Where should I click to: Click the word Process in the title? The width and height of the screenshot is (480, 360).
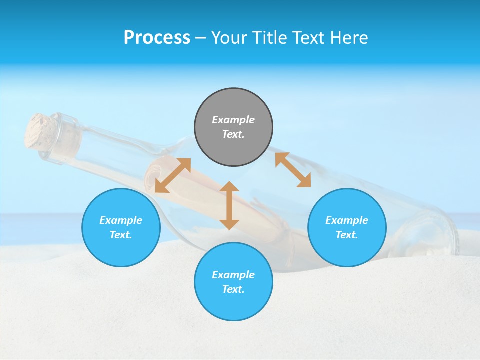point(157,37)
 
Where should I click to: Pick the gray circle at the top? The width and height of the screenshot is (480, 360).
point(233,127)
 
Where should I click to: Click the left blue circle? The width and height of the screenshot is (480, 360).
point(121,227)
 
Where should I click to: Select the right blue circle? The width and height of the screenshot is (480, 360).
point(347,227)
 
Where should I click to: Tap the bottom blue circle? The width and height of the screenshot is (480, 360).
point(233,282)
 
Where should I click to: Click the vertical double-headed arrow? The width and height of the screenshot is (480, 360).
point(229,205)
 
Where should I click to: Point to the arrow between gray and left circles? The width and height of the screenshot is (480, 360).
point(173,175)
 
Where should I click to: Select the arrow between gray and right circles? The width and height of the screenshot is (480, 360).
point(293,170)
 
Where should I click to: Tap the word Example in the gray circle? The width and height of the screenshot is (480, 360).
point(233,120)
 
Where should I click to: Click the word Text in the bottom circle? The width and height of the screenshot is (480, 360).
point(233,289)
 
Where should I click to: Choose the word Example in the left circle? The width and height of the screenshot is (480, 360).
point(121,220)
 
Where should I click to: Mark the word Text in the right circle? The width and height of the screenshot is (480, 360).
point(346,235)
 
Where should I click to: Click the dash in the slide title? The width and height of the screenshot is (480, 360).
point(200,37)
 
